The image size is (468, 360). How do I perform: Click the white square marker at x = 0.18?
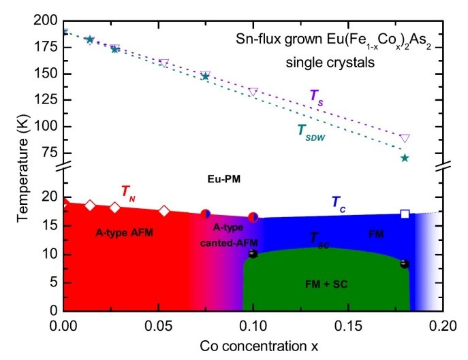pos(405,214)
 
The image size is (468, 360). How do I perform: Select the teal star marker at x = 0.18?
pos(405,158)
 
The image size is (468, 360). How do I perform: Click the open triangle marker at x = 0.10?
pos(253,92)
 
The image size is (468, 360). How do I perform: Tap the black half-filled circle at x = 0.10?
pos(253,253)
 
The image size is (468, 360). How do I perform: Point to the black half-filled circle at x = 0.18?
pos(404,263)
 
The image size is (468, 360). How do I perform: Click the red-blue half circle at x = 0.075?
pos(206,213)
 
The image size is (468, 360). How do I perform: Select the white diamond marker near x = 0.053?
pos(163,210)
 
